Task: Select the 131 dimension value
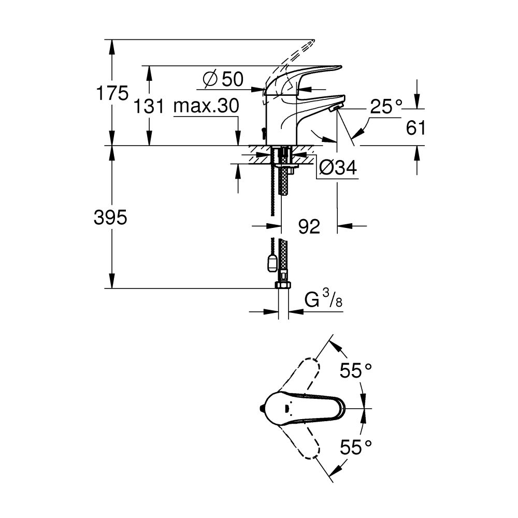point(149,107)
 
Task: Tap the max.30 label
point(206,107)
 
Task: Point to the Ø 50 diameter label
point(223,79)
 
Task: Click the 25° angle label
point(386,107)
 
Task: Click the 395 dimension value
point(110,218)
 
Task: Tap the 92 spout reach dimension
point(309,226)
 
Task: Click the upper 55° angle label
point(356,370)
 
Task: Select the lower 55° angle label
point(356,447)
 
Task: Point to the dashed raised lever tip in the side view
point(308,44)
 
